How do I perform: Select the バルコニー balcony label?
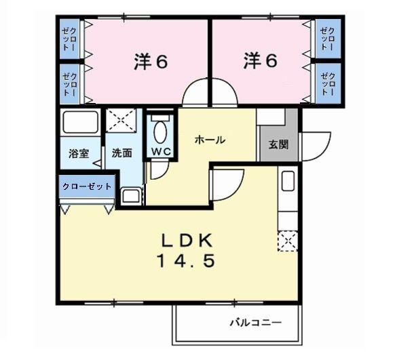coord(255,323)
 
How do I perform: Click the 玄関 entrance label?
coord(278,144)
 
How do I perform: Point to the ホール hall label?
coord(210,140)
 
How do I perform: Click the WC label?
coord(161,150)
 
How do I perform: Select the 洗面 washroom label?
coord(122,153)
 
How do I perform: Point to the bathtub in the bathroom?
coord(80,124)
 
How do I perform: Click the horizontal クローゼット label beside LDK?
coord(86,186)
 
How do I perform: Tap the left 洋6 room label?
coord(150,62)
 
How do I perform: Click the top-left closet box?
coord(69,39)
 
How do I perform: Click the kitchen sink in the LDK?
coord(287,181)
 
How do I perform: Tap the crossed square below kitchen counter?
coord(286,241)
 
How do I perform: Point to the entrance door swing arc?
coord(314,146)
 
